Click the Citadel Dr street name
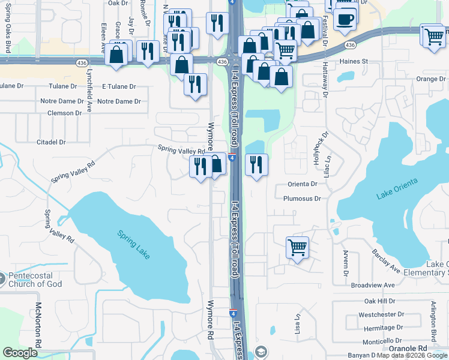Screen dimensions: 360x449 coord(50,142)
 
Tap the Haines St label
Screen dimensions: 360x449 coord(354,61)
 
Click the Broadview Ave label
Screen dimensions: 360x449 coord(373,285)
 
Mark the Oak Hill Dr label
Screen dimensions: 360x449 coord(379,301)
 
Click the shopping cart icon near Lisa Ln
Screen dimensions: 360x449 coord(298,247)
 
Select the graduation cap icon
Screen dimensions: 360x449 coord(261,352)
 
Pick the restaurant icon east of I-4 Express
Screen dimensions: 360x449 coord(256,164)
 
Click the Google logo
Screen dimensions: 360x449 coord(20,353)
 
